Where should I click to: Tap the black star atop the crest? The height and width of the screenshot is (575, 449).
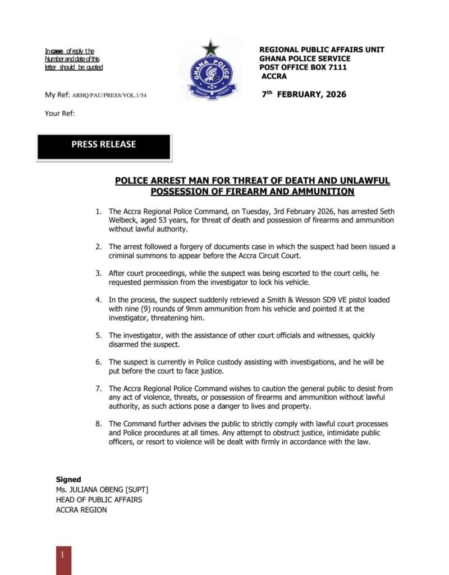211,48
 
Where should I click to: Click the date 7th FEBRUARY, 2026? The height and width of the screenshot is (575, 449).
304,94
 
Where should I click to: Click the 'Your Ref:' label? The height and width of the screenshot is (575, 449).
59,113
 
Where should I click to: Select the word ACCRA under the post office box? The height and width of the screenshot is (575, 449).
274,76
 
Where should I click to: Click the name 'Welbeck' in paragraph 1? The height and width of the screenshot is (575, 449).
123,220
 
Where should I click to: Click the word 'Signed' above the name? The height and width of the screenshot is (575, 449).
68,480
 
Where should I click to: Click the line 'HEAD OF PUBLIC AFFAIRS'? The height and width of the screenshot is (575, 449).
99,500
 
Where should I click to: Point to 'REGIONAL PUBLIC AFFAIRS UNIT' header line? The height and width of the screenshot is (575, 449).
322,49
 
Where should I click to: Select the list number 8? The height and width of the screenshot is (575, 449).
98,423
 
